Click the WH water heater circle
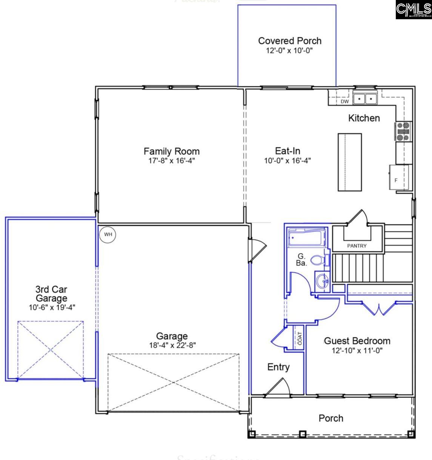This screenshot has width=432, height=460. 108,235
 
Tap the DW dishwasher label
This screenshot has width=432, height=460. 344,101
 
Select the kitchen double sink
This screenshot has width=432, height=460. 365,99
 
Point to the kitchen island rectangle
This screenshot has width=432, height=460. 349,162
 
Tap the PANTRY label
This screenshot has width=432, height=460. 357,246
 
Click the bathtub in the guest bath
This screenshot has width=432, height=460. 306,239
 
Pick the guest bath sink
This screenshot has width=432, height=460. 323,281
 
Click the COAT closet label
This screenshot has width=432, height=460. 300,339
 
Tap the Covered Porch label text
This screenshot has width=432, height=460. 290,41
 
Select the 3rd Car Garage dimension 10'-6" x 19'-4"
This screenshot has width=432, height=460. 52,307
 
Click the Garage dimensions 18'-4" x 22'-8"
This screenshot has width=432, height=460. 172,345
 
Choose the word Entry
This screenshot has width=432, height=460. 278,367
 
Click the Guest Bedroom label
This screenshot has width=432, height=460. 357,341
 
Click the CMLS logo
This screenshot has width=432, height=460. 414,10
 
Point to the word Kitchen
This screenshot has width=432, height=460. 364,118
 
